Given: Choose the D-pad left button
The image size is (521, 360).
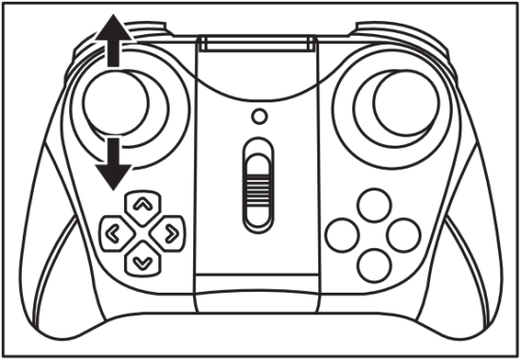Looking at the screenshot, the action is (114, 230).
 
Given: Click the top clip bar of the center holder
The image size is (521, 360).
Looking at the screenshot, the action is (259, 44).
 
